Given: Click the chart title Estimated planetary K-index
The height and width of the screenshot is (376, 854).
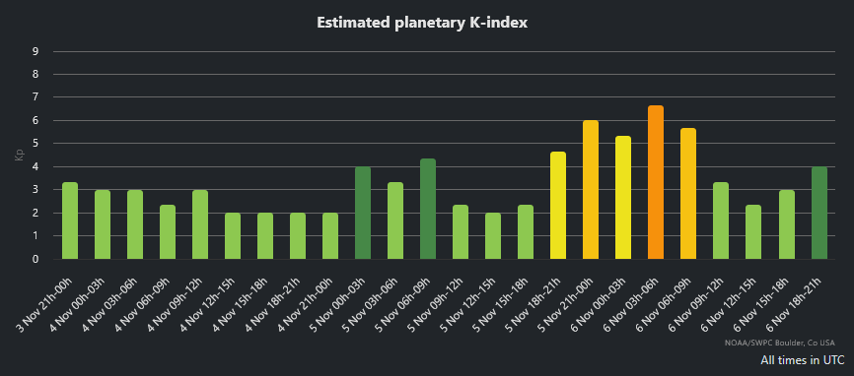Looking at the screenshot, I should [x=426, y=22].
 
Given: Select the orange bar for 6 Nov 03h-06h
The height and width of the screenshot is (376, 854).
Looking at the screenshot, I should [x=656, y=182].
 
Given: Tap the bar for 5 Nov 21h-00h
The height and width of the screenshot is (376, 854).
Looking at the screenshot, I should [x=591, y=190].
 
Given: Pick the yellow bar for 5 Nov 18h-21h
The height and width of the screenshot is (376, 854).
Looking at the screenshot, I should [x=558, y=206].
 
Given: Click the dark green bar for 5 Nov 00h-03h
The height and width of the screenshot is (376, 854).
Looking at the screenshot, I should [x=363, y=213].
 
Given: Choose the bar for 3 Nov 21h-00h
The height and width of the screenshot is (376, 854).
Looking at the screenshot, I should [x=70, y=220].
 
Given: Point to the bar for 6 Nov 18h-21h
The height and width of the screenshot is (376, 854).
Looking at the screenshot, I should [x=818, y=213].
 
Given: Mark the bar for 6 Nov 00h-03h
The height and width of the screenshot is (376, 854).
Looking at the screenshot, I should [x=623, y=198].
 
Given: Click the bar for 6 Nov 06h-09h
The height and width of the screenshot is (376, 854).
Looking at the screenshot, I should [x=688, y=194].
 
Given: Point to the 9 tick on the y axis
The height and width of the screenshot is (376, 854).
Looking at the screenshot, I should [x=36, y=51].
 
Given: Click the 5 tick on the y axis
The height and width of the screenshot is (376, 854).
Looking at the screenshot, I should [x=36, y=144].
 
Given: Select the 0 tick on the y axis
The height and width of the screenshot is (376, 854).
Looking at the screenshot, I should [x=36, y=260].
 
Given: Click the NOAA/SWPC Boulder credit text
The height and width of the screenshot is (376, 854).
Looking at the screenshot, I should [x=786, y=344].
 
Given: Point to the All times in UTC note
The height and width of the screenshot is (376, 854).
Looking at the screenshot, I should [x=802, y=360].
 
